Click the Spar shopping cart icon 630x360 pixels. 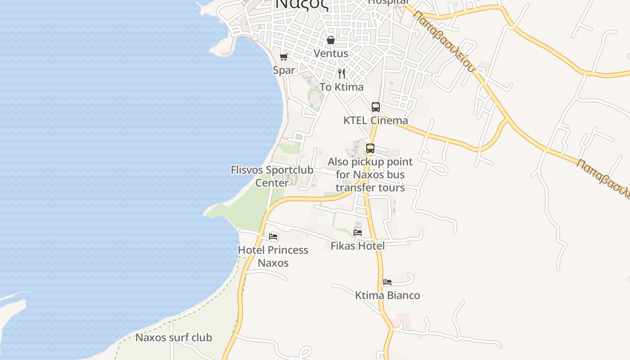click(283, 57)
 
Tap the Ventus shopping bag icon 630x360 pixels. click(331, 40)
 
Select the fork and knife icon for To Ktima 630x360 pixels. click(342, 73)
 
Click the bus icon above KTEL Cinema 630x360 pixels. click(376, 107)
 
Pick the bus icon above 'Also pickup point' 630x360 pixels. click(370, 148)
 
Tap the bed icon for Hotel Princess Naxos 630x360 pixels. click(273, 237)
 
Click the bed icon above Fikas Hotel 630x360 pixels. click(358, 232)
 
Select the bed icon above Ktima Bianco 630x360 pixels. click(387, 282)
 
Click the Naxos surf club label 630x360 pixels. click(174, 337)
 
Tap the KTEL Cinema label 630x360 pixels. click(376, 121)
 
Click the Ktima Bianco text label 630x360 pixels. click(387, 296)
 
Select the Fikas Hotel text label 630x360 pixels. click(358, 246)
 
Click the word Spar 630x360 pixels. click(284, 70)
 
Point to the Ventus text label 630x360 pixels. click(331, 54)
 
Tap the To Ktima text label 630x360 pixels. click(342, 87)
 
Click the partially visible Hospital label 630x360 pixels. click(388, 2)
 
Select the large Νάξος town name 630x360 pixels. click(302, 4)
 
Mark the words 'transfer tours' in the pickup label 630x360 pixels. click(370, 188)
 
